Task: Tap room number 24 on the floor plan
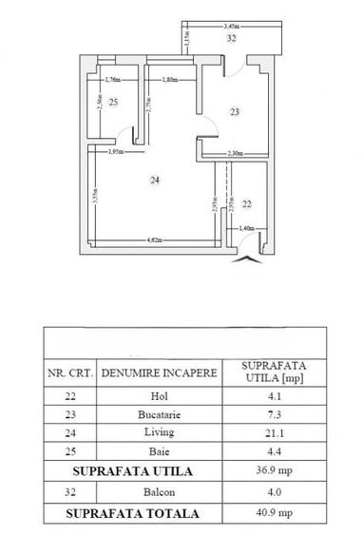coord(152,178)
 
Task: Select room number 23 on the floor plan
coord(234,112)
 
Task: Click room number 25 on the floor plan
coord(113,102)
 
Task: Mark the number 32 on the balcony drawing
coord(231,40)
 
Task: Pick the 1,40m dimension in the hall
coord(246,228)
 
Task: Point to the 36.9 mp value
coord(275,469)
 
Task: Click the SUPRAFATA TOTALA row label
coord(133,513)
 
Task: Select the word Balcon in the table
coord(160,491)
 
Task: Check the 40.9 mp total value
coord(275,513)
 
